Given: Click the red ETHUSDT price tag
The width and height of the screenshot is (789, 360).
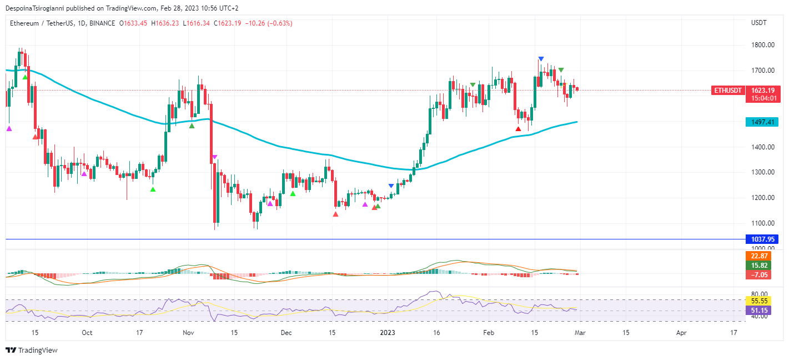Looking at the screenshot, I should click(x=728, y=90).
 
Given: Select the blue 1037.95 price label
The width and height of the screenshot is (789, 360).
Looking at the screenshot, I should click(x=762, y=239).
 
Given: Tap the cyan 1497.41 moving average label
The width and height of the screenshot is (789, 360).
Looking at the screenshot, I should click(x=762, y=122).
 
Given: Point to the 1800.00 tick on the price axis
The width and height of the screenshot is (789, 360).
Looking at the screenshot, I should click(x=763, y=45).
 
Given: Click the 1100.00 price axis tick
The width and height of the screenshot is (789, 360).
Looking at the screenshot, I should click(x=763, y=223).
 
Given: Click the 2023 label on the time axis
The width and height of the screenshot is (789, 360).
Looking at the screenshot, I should click(x=387, y=333).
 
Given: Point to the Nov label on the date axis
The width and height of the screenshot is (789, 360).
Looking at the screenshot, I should click(x=188, y=333).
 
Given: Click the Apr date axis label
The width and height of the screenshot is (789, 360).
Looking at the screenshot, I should click(x=681, y=333).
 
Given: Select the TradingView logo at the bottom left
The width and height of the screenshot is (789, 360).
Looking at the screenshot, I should click(x=32, y=350).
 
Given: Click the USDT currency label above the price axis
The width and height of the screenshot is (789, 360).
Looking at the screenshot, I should click(x=758, y=23).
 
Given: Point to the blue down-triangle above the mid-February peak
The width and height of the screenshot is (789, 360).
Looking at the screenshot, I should click(x=541, y=59).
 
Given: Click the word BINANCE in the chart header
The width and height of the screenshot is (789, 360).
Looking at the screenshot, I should click(x=103, y=23).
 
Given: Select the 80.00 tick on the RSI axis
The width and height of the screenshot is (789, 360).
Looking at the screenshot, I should click(x=760, y=294).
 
